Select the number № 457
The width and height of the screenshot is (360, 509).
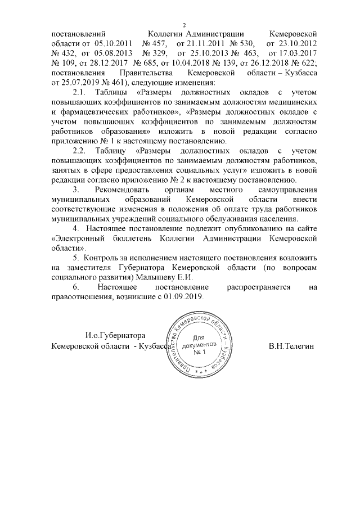(155, 43)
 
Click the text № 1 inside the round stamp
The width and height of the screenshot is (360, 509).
(200, 352)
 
